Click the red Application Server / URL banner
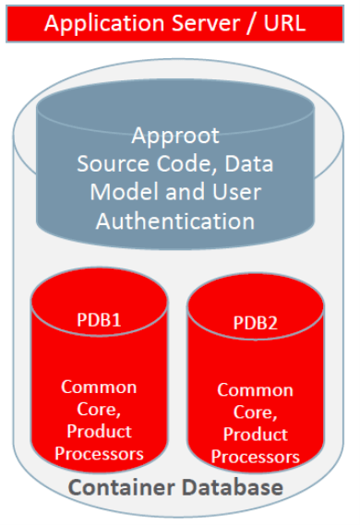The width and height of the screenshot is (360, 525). [x=174, y=23]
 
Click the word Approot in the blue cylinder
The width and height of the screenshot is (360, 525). [x=175, y=137]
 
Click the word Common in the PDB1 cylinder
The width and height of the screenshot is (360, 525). [x=99, y=387]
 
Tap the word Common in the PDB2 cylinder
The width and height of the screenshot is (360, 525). [x=255, y=390]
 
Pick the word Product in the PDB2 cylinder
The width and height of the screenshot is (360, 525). [x=255, y=435]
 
